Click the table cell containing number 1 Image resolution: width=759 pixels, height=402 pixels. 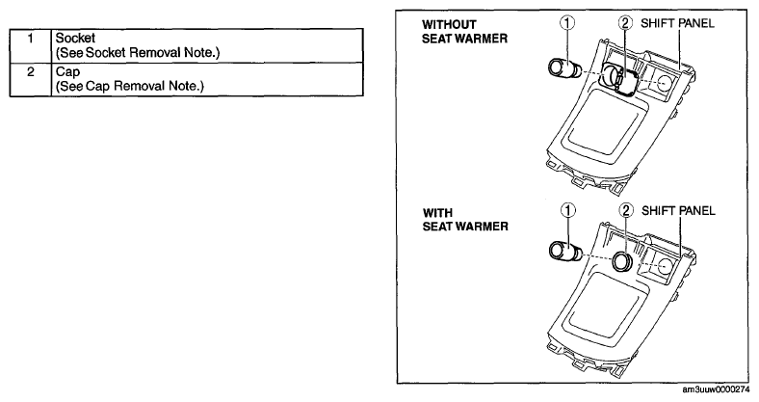tap(30, 45)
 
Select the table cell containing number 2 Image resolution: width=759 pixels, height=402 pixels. tap(30, 79)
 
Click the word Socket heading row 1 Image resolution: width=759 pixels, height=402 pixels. tap(75, 39)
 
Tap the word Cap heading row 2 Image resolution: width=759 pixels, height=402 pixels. tap(67, 72)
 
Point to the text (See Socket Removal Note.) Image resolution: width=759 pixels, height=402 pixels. tap(138, 52)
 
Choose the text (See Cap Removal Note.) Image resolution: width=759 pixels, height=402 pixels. tap(130, 86)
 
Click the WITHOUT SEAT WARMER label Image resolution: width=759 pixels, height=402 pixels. tap(464, 32)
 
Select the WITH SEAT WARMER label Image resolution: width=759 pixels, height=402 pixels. tap(465, 220)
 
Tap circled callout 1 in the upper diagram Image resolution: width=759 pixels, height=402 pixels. tap(567, 23)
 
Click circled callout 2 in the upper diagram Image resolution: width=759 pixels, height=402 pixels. tap(625, 23)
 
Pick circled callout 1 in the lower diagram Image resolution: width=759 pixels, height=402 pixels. tap(567, 210)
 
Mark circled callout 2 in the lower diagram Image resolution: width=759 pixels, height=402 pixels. tap(626, 210)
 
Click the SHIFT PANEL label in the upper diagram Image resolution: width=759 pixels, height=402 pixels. tap(677, 23)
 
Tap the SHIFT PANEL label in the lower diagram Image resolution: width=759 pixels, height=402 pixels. tap(678, 211)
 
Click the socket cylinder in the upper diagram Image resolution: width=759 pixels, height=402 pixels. tap(564, 68)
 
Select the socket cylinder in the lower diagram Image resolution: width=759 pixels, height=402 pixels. tap(565, 251)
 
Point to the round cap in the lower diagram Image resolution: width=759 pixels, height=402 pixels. tap(622, 261)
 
